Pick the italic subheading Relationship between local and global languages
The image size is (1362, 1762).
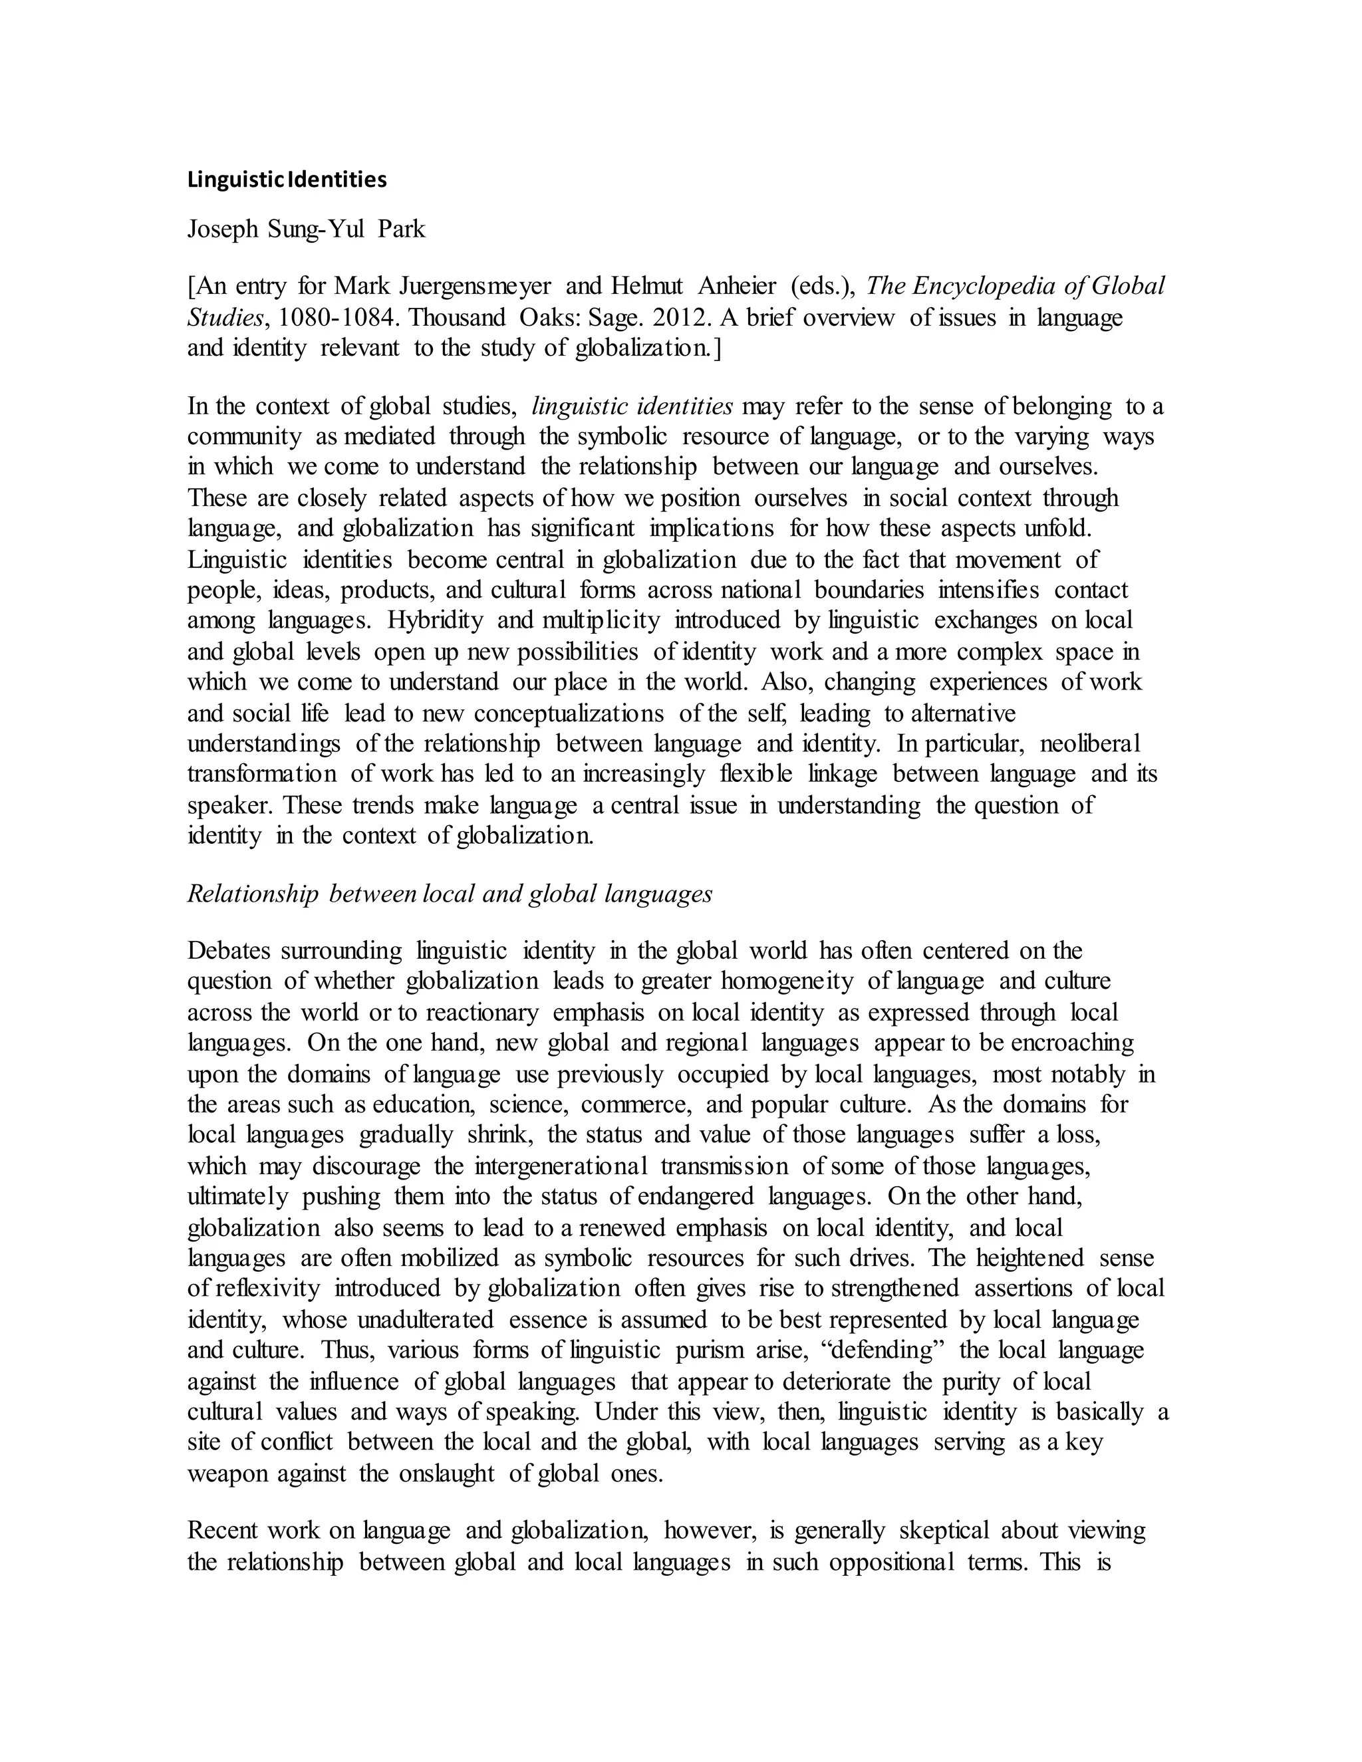point(450,893)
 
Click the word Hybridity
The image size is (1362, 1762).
point(435,620)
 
